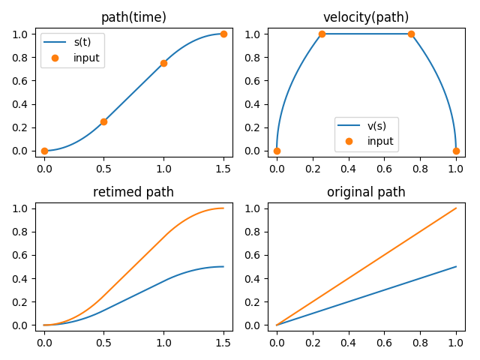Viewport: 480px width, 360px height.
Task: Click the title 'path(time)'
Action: [x=133, y=17]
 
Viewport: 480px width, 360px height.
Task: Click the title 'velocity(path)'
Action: [x=366, y=17]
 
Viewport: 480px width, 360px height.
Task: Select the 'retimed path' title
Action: [x=133, y=192]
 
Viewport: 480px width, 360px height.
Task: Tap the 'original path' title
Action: [x=366, y=192]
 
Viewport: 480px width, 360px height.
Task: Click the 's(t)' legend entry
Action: [x=82, y=42]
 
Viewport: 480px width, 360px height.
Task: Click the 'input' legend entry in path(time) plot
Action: [x=86, y=58]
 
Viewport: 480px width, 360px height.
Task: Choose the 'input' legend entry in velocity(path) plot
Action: [x=380, y=141]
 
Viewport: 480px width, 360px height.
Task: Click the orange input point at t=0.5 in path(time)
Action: [x=103, y=121]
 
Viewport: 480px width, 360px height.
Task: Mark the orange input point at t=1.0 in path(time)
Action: [x=163, y=63]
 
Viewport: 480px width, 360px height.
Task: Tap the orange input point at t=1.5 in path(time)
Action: [x=223, y=34]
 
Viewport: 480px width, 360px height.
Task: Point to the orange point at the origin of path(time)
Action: [x=44, y=151]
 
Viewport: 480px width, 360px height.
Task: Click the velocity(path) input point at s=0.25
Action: [x=322, y=34]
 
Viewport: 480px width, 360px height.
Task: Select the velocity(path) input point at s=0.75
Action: [x=411, y=34]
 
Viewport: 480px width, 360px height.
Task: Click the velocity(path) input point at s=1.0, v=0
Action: [x=456, y=151]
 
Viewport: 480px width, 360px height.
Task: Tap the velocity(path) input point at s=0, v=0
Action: [x=277, y=151]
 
